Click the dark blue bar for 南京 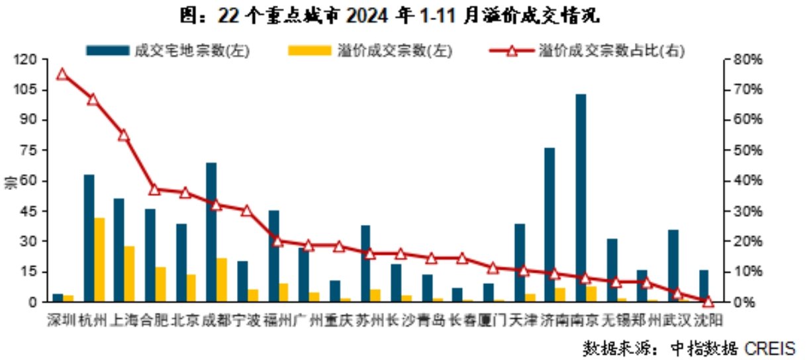[581, 198]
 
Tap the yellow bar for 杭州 [99, 259]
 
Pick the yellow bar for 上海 [129, 274]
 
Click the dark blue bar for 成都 [211, 232]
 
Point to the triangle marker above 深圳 [62, 74]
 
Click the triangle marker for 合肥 [154, 189]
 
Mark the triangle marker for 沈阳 [708, 301]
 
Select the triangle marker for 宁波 [246, 210]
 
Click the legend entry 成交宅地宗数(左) [168, 50]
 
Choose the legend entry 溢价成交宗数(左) [370, 50]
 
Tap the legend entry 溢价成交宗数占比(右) [587, 50]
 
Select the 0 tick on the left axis [33, 302]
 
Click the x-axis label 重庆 [339, 320]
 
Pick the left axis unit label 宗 [10, 182]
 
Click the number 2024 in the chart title [367, 16]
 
